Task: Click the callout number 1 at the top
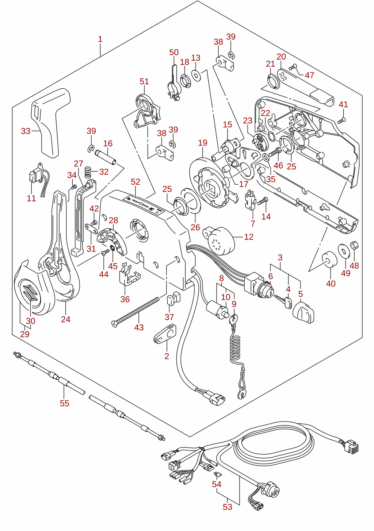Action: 100,39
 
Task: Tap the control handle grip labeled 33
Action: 50,123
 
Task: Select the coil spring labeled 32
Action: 88,172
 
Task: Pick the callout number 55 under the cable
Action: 65,403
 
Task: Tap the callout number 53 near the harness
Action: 227,507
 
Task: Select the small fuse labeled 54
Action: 217,474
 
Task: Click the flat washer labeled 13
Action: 196,76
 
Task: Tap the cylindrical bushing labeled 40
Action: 329,259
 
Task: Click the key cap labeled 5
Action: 304,312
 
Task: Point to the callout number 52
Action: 136,182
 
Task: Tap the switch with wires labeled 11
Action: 38,177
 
